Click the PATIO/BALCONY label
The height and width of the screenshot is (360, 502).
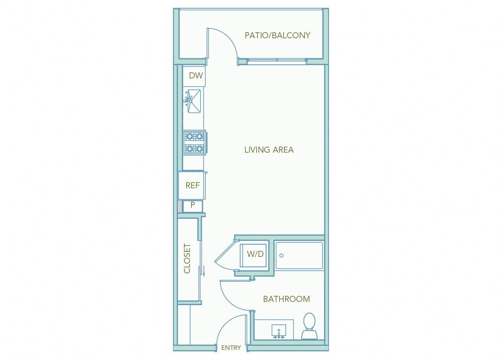point(277,35)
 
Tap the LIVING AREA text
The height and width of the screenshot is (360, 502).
point(269,150)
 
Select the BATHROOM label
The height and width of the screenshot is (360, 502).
point(286,299)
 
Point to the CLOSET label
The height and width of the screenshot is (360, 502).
point(187,258)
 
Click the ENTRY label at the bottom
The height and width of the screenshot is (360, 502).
point(231,348)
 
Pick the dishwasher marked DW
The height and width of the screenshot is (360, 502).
point(194,76)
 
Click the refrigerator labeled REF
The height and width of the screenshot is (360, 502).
point(192,185)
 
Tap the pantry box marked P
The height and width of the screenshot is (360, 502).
point(193,205)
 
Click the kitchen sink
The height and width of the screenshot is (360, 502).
point(194,101)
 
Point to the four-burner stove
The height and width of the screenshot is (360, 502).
point(194,142)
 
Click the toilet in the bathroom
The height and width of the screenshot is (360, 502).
point(309,326)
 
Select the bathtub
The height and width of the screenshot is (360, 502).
point(299,255)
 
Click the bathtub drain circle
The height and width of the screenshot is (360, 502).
point(281,255)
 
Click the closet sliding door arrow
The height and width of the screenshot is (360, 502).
point(204,271)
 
